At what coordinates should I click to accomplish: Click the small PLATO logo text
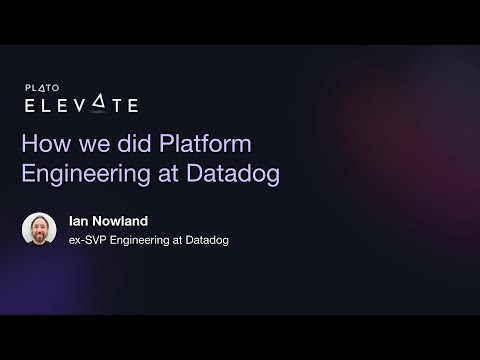[42, 88]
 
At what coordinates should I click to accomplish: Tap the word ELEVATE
[80, 105]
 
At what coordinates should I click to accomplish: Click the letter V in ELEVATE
[93, 105]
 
